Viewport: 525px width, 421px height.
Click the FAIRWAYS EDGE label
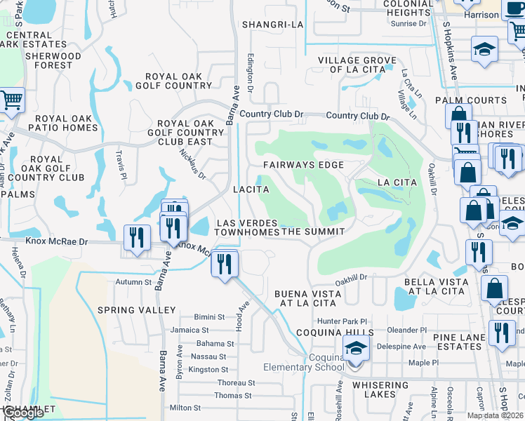(303, 165)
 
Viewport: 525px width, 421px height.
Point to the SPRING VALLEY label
(137, 310)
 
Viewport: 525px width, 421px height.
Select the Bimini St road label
(210, 317)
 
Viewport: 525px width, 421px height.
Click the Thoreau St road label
(236, 383)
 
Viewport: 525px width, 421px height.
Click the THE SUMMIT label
(313, 232)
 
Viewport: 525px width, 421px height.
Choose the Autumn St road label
(134, 282)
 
